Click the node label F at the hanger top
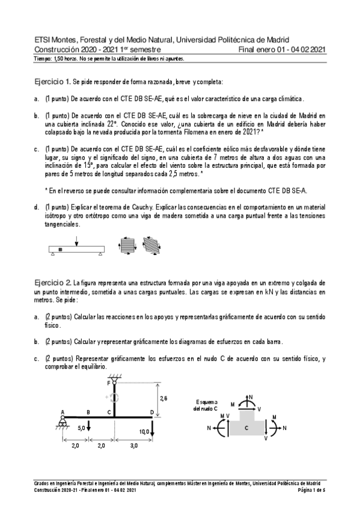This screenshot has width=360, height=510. [109, 382]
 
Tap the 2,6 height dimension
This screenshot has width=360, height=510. [163, 398]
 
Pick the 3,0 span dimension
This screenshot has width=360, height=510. [133, 446]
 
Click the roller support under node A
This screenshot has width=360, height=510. [63, 422]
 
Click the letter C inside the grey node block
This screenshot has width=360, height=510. [246, 428]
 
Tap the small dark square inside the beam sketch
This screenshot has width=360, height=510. [60, 248]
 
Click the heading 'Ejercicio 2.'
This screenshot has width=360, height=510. [53, 281]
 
